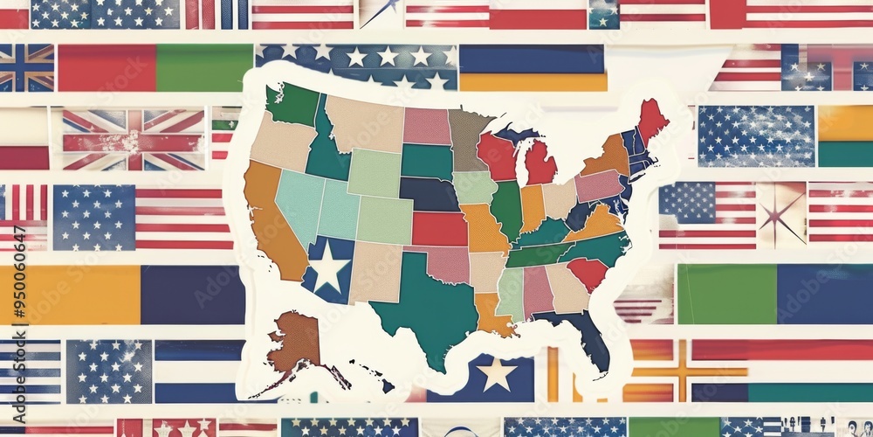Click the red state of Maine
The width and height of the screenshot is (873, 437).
651,121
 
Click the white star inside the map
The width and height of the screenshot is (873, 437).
329,269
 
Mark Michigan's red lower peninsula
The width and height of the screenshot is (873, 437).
540,163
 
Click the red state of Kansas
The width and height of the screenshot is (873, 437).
439,228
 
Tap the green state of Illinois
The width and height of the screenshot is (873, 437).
506,210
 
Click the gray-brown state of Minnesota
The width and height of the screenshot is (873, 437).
468,135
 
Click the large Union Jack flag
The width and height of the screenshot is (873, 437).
133,139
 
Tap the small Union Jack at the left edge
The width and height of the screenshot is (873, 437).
26,67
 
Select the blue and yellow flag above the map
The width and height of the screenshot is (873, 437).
533,68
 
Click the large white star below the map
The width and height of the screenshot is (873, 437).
496,374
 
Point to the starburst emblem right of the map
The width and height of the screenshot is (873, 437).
781,214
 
